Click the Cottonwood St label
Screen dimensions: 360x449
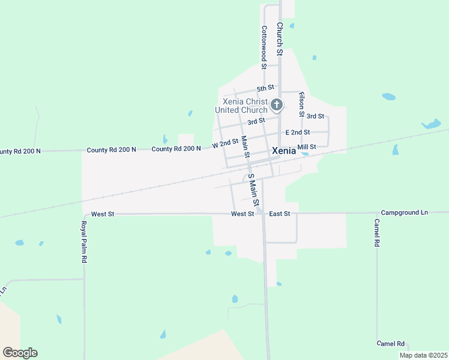coord(263,43)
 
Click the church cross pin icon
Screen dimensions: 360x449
coord(276,105)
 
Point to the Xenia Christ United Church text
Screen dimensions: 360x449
coord(242,106)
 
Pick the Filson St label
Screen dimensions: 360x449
coord(301,103)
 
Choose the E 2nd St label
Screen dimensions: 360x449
coord(298,132)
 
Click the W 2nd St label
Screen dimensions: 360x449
coord(225,145)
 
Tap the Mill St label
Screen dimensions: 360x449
coord(306,147)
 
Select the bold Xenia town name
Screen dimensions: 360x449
coord(284,151)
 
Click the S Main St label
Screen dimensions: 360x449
coord(253,190)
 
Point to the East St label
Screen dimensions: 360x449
coord(280,214)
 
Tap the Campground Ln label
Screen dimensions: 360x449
coord(405,213)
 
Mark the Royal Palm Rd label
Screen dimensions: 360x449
coord(85,242)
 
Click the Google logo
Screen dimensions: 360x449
coord(20,353)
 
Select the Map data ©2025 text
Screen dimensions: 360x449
coord(423,355)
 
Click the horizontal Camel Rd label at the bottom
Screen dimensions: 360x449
coord(391,344)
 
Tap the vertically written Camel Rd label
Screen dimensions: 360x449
coord(377,233)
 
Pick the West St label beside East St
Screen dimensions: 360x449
coord(243,214)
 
